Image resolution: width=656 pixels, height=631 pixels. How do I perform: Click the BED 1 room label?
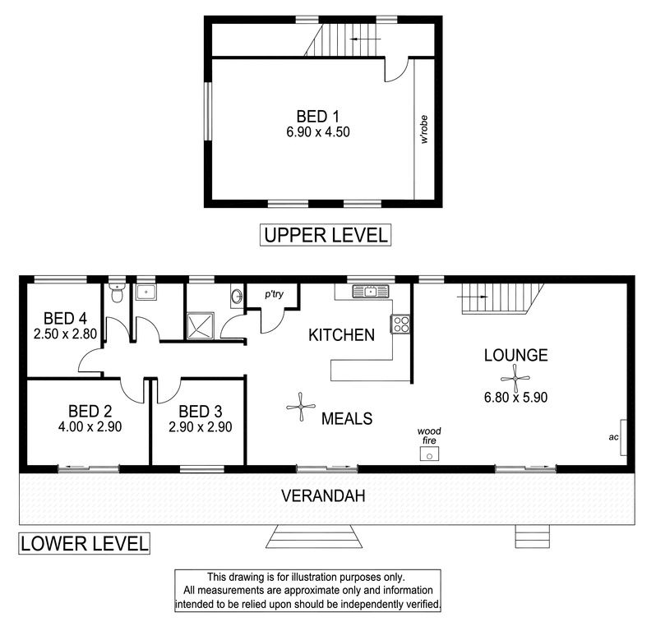coord(317,116)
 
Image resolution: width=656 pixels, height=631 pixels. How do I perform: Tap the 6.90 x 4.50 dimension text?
coord(318,132)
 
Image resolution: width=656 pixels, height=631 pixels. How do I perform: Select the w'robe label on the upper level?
coord(424,129)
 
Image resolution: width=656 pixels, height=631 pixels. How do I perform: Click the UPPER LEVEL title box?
coord(326,235)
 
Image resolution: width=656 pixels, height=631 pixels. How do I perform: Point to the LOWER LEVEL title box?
coord(84,544)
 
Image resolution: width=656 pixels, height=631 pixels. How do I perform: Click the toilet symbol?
coord(116,292)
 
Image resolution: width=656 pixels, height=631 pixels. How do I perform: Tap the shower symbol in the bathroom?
coord(201,325)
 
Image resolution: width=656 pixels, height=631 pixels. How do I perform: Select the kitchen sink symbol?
coord(371,292)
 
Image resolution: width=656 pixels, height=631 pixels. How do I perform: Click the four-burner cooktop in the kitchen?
coord(400,324)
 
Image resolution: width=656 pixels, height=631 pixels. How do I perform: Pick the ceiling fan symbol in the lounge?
coord(515,379)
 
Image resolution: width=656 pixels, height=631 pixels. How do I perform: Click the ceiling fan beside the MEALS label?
coord(301,407)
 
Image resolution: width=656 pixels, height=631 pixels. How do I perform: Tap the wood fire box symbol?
coord(429,454)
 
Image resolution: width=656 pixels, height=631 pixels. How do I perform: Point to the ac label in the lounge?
coord(613,437)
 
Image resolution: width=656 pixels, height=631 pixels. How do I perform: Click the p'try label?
coord(274,294)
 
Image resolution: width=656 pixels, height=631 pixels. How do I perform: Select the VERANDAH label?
coord(323,496)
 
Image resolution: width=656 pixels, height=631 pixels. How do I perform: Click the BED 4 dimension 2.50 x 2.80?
coord(65,334)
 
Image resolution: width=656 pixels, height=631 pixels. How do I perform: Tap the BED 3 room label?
coord(201,412)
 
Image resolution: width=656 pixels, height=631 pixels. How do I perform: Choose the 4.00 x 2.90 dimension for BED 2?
coord(90,427)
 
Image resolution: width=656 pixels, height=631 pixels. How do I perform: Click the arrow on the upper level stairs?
coord(365,39)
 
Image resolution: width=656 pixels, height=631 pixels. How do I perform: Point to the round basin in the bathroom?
coord(237,297)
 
